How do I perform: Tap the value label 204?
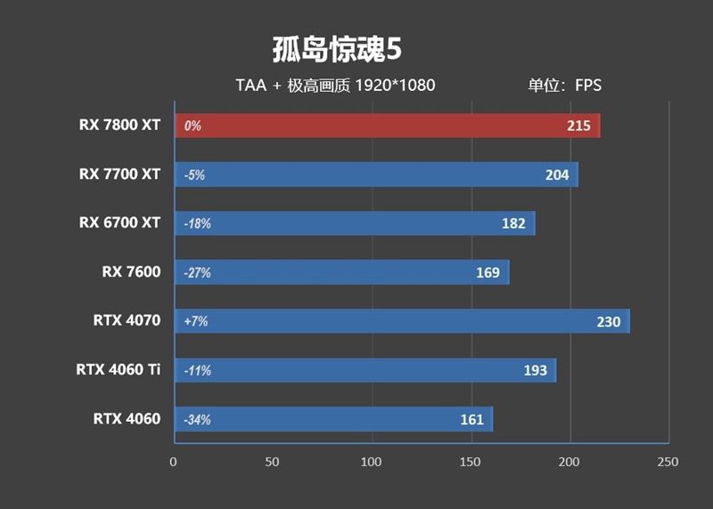tap(557, 175)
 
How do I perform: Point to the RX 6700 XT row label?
tap(119, 223)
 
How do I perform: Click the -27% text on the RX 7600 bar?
tap(197, 273)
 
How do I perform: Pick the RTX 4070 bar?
tap(401, 321)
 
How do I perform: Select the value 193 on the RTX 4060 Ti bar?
tap(536, 370)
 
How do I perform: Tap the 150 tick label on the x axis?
tap(470, 462)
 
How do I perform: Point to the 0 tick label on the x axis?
tap(174, 462)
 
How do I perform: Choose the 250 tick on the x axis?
tap(668, 462)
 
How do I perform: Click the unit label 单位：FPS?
tap(564, 86)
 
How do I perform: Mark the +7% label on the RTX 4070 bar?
tap(195, 321)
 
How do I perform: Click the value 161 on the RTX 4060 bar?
tap(471, 419)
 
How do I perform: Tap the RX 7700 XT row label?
tap(119, 174)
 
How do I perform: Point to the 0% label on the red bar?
tap(193, 127)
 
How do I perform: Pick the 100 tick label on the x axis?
tap(371, 462)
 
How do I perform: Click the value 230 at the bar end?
tap(608, 322)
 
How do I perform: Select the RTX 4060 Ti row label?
tap(119, 369)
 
